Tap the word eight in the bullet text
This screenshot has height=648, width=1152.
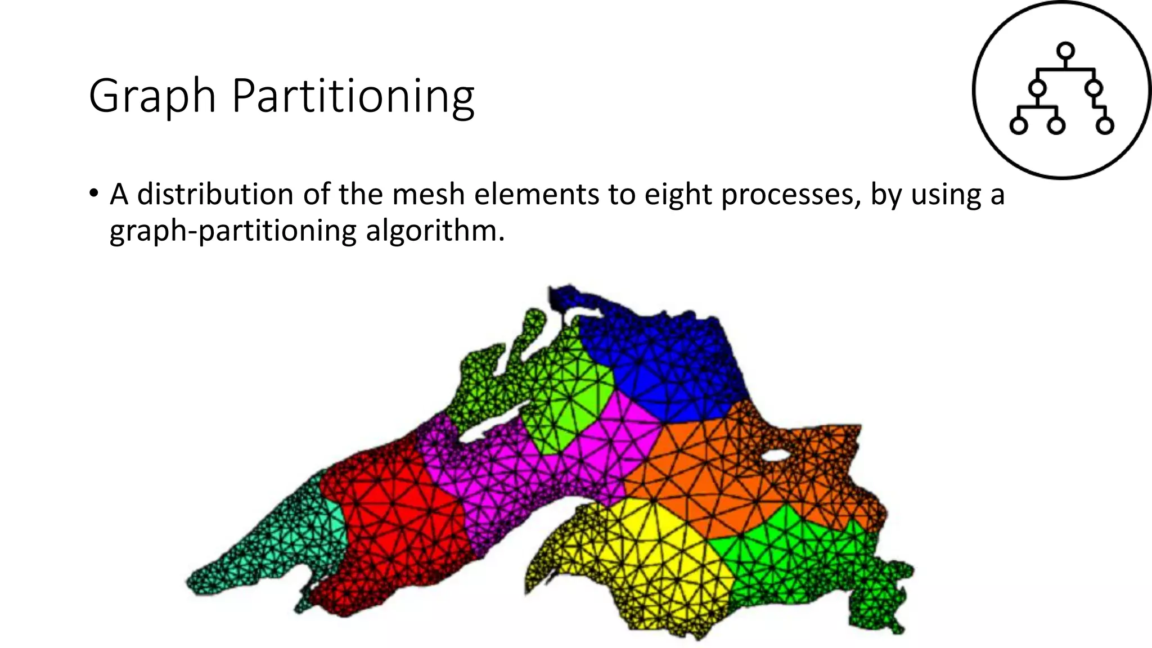point(678,195)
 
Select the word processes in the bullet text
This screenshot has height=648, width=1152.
point(790,195)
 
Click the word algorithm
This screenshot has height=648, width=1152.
point(435,231)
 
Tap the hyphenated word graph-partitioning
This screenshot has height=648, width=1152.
point(233,231)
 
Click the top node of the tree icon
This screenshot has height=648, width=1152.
point(1065,51)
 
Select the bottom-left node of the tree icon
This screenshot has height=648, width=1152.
point(1019,125)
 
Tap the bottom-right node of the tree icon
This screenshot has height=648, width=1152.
point(1105,125)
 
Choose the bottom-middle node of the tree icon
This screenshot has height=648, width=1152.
point(1056,125)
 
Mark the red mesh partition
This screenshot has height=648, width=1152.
point(394,523)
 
